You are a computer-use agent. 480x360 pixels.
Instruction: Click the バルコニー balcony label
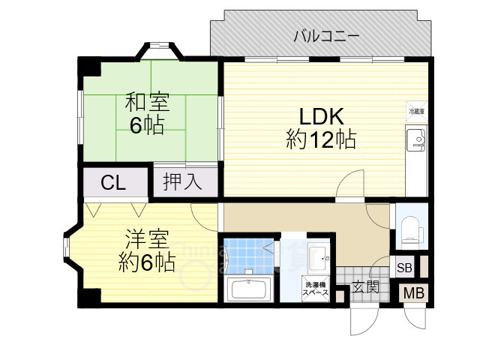pos(325,35)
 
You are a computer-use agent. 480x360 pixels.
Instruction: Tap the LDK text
pos(321,116)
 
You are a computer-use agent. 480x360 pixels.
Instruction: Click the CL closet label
pos(114,182)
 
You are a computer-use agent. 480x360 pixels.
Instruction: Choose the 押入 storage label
pos(184,182)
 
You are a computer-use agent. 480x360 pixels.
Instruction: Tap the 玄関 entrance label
pos(365,286)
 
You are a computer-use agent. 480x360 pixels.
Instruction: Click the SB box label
pos(404,268)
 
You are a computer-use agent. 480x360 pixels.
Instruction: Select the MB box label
pos(413,293)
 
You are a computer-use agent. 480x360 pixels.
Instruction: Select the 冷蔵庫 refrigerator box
pos(416,111)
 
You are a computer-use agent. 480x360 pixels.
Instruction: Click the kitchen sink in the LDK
pos(416,140)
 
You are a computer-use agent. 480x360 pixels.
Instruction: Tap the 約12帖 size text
pos(320,139)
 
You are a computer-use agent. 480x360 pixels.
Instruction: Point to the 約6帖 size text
pos(147,262)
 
